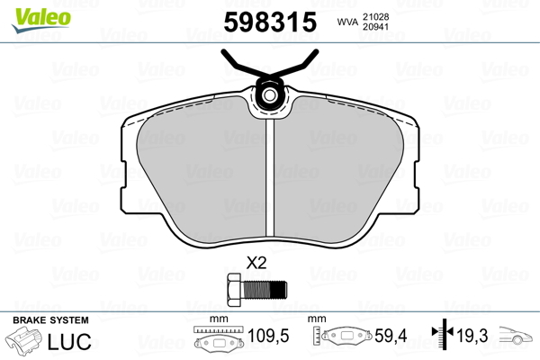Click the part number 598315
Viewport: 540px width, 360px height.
[270, 22]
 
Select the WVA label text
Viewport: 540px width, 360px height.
[347, 22]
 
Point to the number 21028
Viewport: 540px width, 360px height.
[375, 16]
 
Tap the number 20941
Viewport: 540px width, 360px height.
[375, 26]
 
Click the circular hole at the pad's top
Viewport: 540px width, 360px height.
[269, 95]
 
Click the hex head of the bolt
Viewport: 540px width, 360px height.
[235, 289]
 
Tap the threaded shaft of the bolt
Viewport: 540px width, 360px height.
[265, 290]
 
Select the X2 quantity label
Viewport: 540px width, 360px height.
[256, 263]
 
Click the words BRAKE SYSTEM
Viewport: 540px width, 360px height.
[50, 320]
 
